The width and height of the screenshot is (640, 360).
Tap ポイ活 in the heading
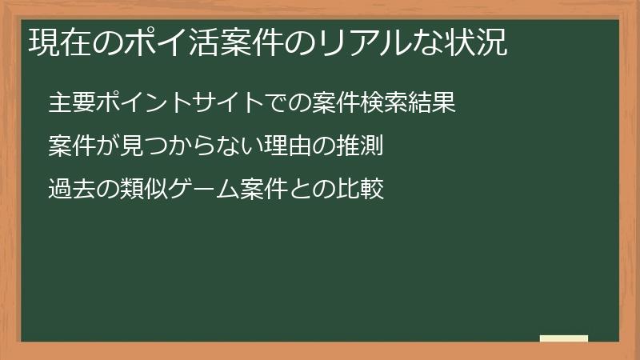(x=174, y=42)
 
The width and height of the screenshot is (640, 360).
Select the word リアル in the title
(x=366, y=42)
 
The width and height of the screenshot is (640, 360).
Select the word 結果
(x=434, y=103)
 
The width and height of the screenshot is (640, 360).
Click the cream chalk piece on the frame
(x=564, y=338)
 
